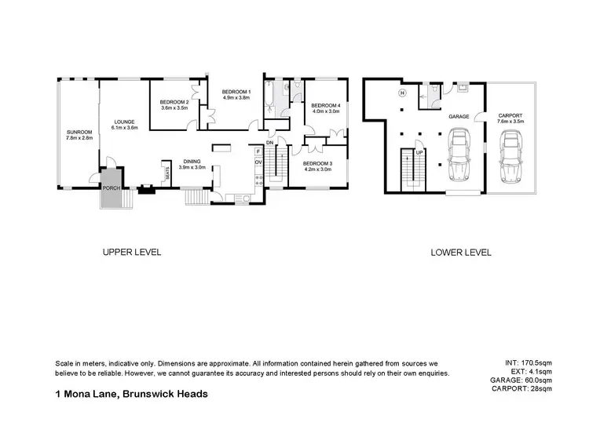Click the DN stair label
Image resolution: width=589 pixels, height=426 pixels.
coord(269,143)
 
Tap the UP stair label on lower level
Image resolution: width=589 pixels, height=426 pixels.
coord(419,152)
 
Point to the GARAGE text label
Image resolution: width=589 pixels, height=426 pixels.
coord(459,116)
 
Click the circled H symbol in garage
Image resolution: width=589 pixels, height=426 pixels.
coord(402,93)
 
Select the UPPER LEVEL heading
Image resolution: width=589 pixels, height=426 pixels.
coord(131,253)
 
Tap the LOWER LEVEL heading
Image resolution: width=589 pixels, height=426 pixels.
coord(460,253)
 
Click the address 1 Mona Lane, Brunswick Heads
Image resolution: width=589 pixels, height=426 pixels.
coord(131,394)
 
